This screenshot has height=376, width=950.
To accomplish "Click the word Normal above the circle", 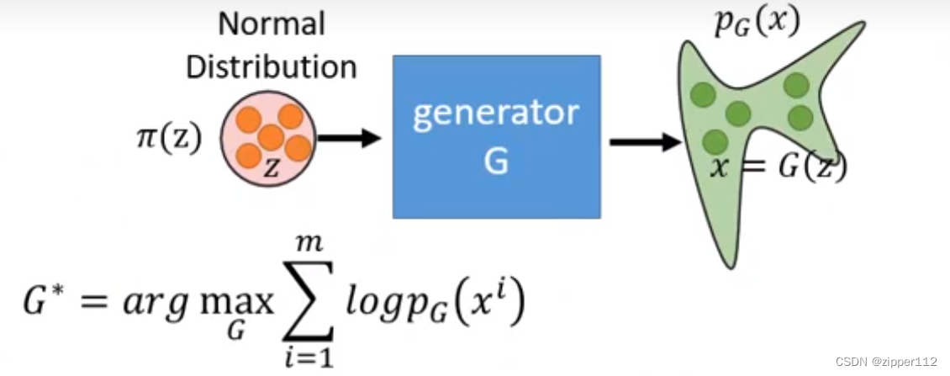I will coord(272,24).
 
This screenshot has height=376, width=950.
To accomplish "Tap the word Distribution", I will coord(272,67).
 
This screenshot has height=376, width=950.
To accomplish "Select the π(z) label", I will coord(168,138).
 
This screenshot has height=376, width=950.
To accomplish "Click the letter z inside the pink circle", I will coord(270,168).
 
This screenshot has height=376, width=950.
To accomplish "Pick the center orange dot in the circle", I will coord(270,137).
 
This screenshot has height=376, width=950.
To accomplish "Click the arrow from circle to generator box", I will coord(350,139).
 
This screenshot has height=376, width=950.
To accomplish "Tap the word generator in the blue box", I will coord(496,114).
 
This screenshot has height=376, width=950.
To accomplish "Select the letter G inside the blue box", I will coord(496,162).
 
